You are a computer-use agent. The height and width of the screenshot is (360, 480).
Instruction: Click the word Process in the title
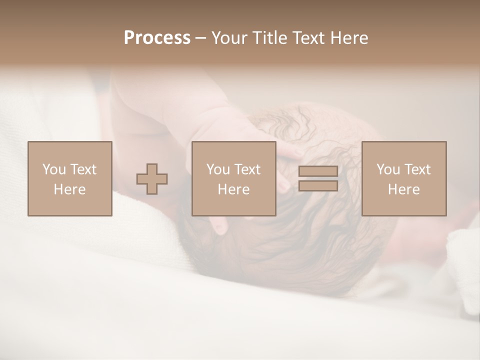click(x=157, y=38)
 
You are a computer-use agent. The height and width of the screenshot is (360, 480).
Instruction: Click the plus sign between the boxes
click(x=152, y=179)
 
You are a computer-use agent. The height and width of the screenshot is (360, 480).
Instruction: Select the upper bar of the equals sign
click(x=318, y=171)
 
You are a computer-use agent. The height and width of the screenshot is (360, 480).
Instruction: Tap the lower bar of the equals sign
click(x=318, y=186)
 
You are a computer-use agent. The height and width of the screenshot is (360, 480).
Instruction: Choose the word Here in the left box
click(x=69, y=189)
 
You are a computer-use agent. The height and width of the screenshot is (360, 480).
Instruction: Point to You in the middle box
click(x=218, y=169)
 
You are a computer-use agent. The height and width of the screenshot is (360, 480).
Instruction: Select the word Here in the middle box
click(x=233, y=189)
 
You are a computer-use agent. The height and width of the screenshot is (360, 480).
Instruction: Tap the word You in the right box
click(x=388, y=169)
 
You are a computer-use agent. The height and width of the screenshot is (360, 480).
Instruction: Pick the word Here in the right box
click(x=403, y=189)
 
